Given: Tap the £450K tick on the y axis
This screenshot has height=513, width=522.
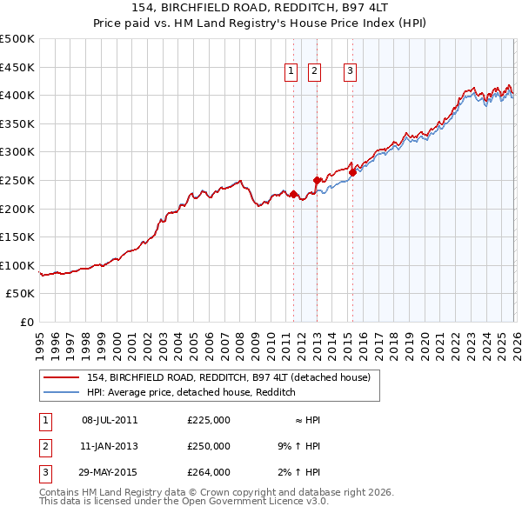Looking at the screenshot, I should click(x=17, y=67).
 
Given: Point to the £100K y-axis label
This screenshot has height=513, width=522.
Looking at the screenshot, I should click(x=17, y=265).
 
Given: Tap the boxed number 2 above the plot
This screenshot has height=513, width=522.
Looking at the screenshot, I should click(x=314, y=73).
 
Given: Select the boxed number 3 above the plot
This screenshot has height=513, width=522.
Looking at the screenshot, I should click(x=350, y=73).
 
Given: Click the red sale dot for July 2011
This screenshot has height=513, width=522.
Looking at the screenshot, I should click(x=293, y=194).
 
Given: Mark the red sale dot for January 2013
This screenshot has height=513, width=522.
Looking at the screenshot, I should click(x=317, y=180).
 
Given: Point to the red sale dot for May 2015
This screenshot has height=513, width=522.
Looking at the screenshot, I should click(x=352, y=172).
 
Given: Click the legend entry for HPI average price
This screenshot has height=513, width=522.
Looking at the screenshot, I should click(x=191, y=392).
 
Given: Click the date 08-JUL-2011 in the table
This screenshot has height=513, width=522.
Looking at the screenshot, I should click(x=110, y=420).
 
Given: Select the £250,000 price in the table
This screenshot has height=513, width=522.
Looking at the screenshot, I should click(x=209, y=446).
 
